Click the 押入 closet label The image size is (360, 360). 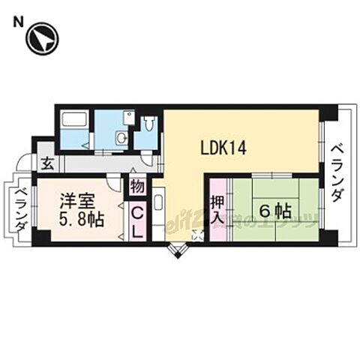coord(217,210)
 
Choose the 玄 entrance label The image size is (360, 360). coord(46,160)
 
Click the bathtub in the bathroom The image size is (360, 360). coord(74,119)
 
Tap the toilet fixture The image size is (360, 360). coord(149,124)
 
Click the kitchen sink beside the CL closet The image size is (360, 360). coord(160,203)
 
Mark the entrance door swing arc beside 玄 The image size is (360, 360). coord(26,161)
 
